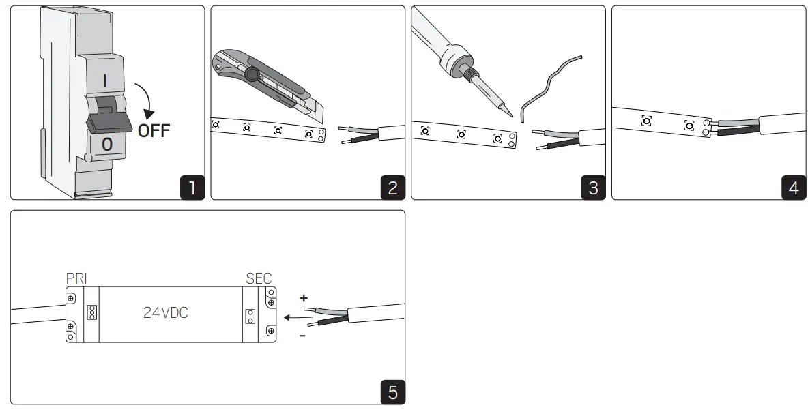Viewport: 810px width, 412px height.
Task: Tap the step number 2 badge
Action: (x=392, y=187)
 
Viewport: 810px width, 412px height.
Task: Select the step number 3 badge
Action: (x=592, y=187)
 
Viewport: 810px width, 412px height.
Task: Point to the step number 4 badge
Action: (x=793, y=187)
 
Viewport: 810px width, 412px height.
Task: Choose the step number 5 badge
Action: (x=392, y=392)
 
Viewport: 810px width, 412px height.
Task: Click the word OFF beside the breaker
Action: (x=154, y=130)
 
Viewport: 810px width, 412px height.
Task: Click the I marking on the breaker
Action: (x=104, y=79)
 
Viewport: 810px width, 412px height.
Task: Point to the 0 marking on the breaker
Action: (x=106, y=145)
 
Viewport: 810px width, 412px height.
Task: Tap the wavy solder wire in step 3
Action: (x=549, y=85)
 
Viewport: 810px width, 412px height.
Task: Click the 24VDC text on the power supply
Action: (x=165, y=313)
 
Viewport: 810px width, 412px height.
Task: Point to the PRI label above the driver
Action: (x=76, y=278)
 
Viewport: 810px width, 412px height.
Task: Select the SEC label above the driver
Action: (x=258, y=278)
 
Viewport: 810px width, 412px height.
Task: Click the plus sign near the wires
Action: (x=304, y=298)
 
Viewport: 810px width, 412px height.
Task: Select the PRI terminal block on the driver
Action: (x=91, y=312)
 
